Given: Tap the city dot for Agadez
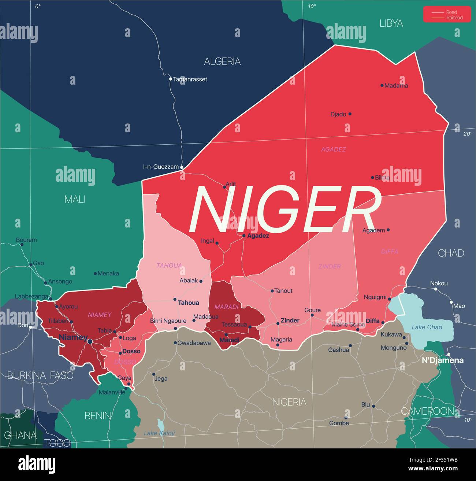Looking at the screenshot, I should (x=244, y=236).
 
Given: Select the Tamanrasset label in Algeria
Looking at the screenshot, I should (x=190, y=79).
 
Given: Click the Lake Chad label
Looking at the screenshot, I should (x=427, y=327).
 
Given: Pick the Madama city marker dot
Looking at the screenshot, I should (x=382, y=85).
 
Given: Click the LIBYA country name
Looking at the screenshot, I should (x=391, y=23).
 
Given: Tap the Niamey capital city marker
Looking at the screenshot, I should (x=90, y=341).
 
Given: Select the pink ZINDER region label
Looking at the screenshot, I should (x=330, y=266).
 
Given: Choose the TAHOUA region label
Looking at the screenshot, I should (x=169, y=265).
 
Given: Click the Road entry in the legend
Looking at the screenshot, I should (x=451, y=12).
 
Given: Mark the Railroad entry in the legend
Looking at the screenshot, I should (x=454, y=18).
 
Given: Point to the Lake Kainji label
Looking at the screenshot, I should (x=159, y=433).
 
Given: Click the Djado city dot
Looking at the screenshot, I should (x=350, y=114).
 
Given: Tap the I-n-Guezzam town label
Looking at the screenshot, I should (x=161, y=167).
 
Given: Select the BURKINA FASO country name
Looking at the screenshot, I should (x=40, y=375).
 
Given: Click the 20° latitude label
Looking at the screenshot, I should (x=468, y=134).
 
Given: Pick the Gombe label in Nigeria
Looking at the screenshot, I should (x=339, y=423).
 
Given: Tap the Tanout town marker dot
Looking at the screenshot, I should (x=272, y=291).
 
